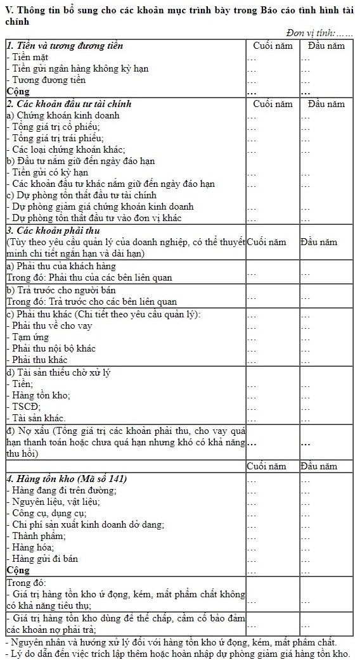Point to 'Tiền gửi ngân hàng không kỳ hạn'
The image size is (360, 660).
click(78, 69)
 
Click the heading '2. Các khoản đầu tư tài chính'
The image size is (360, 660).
click(68, 104)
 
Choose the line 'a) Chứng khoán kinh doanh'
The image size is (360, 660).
click(63, 115)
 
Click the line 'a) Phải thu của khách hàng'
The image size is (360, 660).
click(61, 267)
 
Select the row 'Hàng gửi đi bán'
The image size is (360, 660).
click(44, 559)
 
